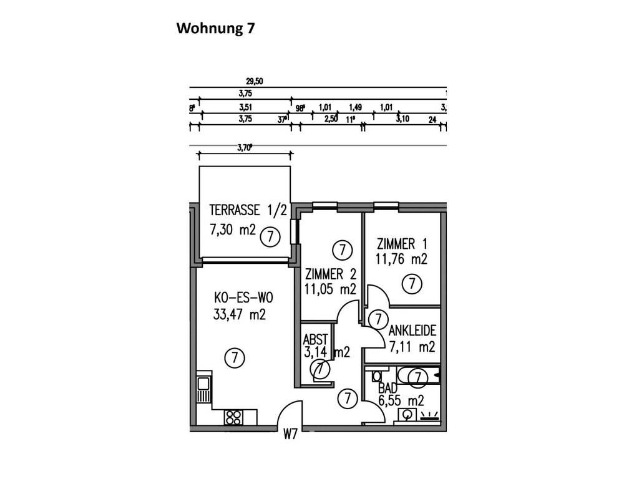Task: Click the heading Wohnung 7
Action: pyautogui.click(x=215, y=28)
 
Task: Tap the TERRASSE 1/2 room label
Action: pyautogui.click(x=248, y=210)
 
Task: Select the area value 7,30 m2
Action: pyautogui.click(x=233, y=230)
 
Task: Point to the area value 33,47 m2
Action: pyautogui.click(x=239, y=314)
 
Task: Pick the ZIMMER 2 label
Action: pyautogui.click(x=331, y=274)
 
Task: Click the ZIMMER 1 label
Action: pyautogui.click(x=402, y=244)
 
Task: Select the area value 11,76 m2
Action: pyautogui.click(x=401, y=259)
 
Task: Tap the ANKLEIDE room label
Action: pyautogui.click(x=412, y=331)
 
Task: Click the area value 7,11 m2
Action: pyautogui.click(x=411, y=347)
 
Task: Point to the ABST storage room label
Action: pyautogui.click(x=315, y=340)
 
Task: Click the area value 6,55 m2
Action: pyautogui.click(x=401, y=401)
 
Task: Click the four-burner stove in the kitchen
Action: pyautogui.click(x=234, y=416)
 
